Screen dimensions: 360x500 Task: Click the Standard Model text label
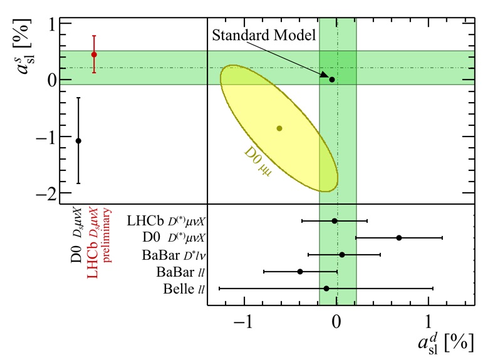(264, 34)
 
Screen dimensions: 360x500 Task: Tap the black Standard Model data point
(332, 80)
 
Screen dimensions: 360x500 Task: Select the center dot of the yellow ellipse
(279, 128)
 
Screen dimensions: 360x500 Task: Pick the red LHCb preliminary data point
(94, 54)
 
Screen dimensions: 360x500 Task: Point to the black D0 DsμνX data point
(78, 141)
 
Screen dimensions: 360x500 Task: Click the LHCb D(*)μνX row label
(166, 221)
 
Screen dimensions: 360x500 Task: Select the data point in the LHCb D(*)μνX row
(335, 220)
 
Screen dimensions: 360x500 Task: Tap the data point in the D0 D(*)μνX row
(399, 238)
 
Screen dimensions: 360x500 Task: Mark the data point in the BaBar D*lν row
(342, 255)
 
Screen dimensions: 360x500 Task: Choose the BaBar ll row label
(180, 272)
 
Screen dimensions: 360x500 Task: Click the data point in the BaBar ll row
(300, 272)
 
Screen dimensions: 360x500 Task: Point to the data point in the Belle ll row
(326, 289)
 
